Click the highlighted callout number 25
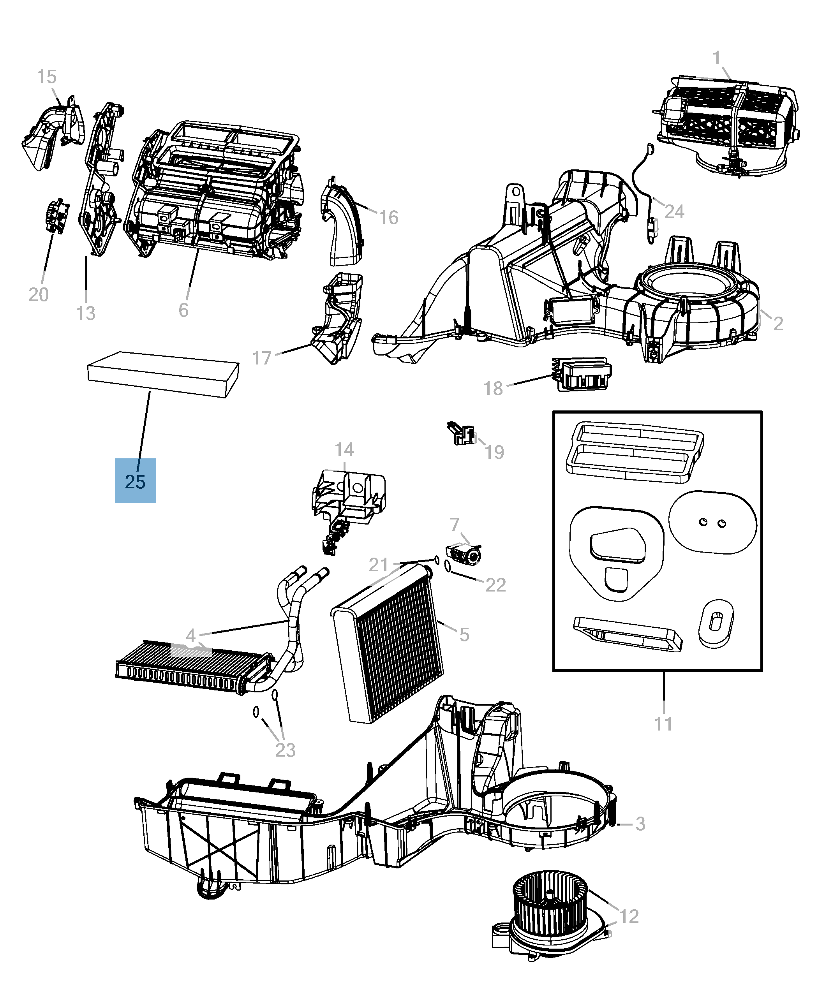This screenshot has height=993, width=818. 135,481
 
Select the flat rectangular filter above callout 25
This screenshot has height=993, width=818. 163,374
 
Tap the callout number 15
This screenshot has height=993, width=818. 47,76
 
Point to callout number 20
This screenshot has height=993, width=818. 38,294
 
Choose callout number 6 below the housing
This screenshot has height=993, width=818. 183,310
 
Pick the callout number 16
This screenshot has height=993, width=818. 389,217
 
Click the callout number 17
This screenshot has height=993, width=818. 262,358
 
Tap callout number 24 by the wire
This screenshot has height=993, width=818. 674,211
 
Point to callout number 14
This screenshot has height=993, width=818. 344,449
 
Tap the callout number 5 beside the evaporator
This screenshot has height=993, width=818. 464,634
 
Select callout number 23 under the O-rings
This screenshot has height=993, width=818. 285,750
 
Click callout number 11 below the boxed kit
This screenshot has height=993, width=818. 663,724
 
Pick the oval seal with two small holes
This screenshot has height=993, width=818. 712,523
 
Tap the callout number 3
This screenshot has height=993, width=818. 640,824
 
